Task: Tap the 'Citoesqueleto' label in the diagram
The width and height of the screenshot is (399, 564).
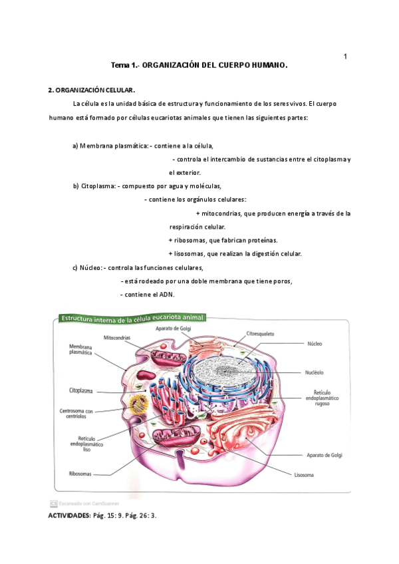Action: click(x=260, y=333)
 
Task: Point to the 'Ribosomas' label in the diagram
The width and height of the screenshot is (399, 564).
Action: click(x=80, y=474)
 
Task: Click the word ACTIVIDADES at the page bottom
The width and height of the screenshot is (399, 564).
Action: click(x=67, y=515)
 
